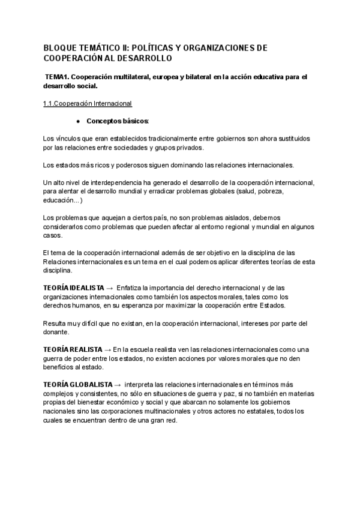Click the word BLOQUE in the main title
point(59,47)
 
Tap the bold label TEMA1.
point(58,77)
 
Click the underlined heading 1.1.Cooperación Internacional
point(88,103)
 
